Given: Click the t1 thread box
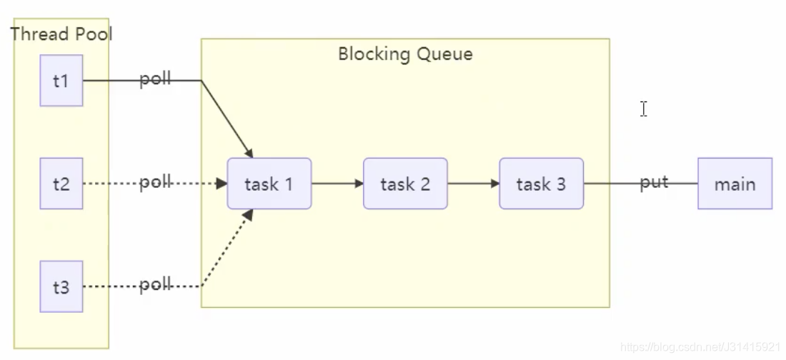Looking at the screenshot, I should [61, 81].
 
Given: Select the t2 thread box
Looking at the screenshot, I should [61, 184].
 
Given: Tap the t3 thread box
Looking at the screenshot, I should [61, 286].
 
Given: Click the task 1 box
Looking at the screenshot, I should [269, 184].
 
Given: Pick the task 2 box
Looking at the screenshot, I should [405, 184].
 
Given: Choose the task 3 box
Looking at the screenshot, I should [541, 184].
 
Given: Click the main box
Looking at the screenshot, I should [735, 184].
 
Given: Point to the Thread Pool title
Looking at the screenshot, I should [61, 34].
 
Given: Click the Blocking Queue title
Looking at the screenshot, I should [405, 54].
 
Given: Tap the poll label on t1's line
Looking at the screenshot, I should [155, 79].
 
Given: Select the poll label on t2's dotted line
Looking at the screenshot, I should [155, 182].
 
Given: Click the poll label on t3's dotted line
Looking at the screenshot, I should [155, 285].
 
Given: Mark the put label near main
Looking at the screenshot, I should [654, 182].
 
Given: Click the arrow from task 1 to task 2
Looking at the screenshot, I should [337, 184].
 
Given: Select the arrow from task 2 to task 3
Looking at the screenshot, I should [473, 184].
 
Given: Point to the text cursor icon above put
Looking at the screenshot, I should [644, 109].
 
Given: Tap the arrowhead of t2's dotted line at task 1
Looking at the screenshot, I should [222, 184].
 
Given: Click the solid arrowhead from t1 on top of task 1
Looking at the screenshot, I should [249, 154].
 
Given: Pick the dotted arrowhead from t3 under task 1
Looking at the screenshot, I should [249, 214].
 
